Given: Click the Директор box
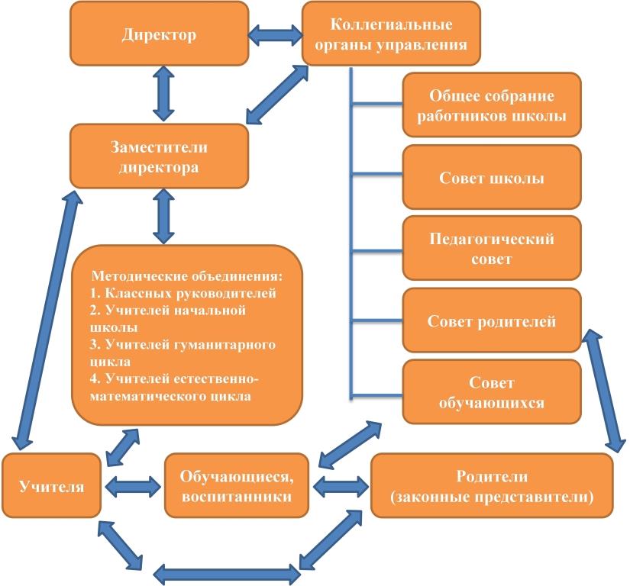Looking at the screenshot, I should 159,35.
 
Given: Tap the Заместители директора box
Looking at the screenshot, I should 159,156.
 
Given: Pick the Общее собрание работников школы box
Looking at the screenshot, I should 491,106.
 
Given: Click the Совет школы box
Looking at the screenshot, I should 491,179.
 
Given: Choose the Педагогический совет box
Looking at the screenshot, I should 491,249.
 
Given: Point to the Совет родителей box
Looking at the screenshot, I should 491,321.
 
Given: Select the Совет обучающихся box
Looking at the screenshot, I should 491,391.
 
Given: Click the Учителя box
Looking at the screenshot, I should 52,485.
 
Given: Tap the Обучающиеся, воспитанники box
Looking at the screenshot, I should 237,485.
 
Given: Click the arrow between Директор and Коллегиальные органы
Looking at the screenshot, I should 276,34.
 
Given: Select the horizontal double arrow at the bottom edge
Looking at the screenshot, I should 226,572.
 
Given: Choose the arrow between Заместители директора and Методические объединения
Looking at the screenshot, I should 160,217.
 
